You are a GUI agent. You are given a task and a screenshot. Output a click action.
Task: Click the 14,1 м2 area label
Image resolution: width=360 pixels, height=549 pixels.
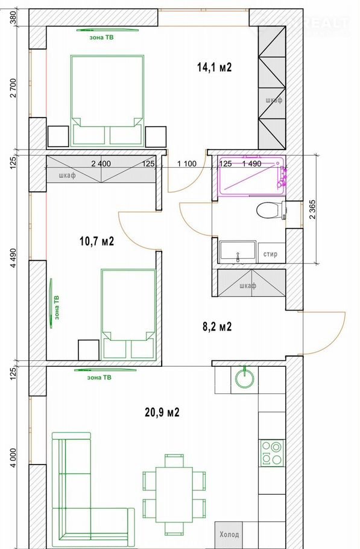(x=214, y=67)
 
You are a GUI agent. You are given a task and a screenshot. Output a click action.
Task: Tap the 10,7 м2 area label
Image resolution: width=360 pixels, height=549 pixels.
(x=97, y=241)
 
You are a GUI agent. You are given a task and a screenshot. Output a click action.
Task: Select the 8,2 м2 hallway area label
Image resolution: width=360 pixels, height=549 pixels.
(x=217, y=326)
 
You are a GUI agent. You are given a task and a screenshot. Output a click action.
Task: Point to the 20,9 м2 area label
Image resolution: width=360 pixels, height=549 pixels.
(x=162, y=413)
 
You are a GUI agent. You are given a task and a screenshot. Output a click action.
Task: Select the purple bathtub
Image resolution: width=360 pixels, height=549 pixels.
(x=253, y=176)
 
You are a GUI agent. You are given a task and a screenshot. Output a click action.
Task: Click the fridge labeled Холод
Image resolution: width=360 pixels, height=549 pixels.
(x=229, y=535)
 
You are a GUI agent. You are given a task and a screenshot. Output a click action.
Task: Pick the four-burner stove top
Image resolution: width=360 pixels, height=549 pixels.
(x=271, y=453)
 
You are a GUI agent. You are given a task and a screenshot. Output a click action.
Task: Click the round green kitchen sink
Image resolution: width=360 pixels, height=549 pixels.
(x=245, y=378)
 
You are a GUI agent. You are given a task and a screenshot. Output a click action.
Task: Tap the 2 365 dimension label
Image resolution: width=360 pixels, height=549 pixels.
(x=312, y=209)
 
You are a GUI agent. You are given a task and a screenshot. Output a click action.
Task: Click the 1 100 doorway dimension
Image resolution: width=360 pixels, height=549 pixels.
(x=187, y=164)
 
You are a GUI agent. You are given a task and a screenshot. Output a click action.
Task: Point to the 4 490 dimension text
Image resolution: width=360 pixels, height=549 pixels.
(x=13, y=258)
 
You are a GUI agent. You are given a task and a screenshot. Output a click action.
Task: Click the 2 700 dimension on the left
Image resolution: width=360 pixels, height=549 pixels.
(x=13, y=88)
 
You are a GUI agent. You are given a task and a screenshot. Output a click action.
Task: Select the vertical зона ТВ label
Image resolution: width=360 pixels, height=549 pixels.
(x=57, y=308)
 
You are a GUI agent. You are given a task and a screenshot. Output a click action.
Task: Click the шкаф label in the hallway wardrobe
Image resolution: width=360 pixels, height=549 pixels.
(x=248, y=286)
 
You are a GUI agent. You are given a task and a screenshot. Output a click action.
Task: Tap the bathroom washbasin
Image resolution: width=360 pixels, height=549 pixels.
(x=238, y=252)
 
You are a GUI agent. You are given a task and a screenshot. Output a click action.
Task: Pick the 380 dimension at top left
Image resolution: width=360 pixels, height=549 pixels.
(x=13, y=17)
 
